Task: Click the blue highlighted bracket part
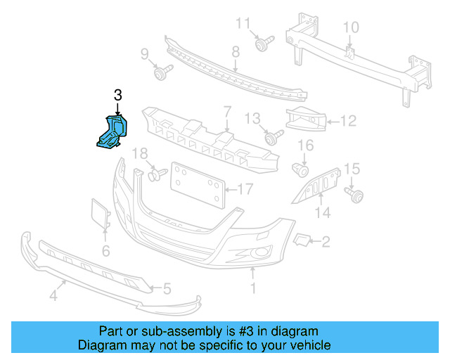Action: pyautogui.click(x=111, y=132)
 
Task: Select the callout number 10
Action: pyautogui.click(x=350, y=27)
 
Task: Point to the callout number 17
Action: pyautogui.click(x=244, y=188)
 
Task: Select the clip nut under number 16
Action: pyautogui.click(x=302, y=169)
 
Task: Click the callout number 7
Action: pyautogui.click(x=227, y=111)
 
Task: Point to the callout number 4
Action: pyautogui.click(x=53, y=297)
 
